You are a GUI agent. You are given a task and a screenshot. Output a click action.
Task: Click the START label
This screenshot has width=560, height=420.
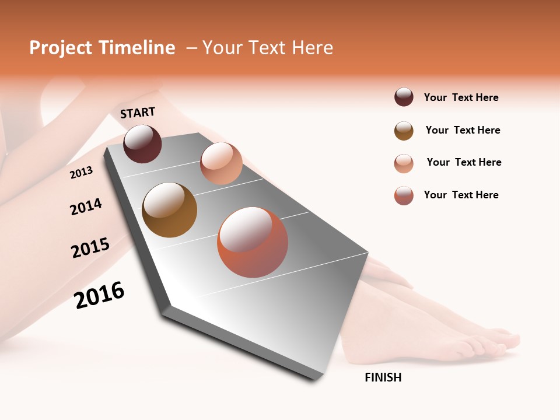138,112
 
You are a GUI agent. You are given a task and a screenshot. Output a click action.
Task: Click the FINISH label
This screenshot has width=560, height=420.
383,377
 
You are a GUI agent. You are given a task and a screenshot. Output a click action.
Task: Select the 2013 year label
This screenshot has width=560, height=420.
81,173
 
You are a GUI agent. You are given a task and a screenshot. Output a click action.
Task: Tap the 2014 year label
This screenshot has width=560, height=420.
86,207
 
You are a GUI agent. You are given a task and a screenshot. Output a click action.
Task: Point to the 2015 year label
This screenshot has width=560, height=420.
90,248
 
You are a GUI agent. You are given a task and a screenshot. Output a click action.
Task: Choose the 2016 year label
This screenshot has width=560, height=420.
99,295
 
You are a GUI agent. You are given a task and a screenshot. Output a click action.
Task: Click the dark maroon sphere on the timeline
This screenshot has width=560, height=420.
142,143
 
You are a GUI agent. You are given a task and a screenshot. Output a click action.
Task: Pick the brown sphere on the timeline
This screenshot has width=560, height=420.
169,210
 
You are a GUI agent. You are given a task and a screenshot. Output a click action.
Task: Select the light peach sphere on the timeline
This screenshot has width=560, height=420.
221,163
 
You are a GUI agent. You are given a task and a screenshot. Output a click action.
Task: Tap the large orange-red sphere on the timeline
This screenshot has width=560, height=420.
253,242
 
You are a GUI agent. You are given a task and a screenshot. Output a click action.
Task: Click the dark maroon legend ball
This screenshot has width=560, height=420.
404,97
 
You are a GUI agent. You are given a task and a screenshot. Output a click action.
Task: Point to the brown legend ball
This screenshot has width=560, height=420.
404,131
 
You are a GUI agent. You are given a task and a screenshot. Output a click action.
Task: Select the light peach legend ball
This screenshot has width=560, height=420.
404,163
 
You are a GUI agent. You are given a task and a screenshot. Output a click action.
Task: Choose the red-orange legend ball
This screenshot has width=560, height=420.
404,195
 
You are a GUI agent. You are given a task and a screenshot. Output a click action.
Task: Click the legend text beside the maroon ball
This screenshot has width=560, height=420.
461,97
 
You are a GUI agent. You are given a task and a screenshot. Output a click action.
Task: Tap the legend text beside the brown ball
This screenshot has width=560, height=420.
463,130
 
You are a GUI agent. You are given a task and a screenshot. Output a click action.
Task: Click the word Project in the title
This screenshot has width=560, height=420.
61,48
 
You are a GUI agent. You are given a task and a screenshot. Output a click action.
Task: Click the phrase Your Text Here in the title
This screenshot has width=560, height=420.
268,48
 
